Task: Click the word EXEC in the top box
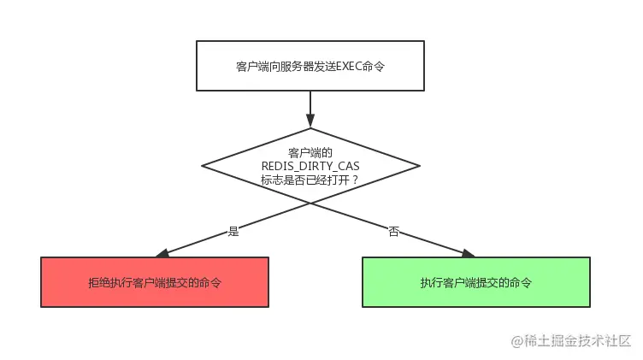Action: [x=345, y=67]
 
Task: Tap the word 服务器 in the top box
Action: [x=301, y=67]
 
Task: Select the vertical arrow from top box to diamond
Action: [x=310, y=106]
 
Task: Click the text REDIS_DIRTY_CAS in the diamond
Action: [x=310, y=165]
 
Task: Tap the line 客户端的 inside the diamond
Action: [x=310, y=151]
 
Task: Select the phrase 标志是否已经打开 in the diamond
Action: [x=304, y=180]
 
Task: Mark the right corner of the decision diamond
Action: [x=419, y=165]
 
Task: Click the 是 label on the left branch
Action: [x=233, y=231]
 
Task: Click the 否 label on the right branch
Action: [x=393, y=231]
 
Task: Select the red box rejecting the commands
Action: [x=155, y=281]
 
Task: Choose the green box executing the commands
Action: [x=475, y=281]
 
